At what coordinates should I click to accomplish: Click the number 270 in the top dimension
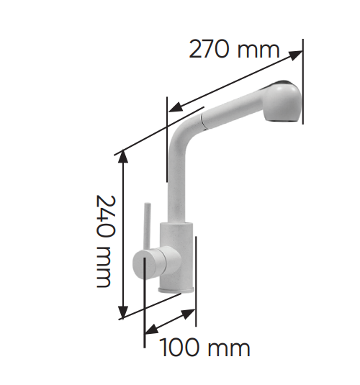209,49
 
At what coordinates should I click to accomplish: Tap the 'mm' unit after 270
258,51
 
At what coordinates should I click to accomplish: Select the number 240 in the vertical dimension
106,217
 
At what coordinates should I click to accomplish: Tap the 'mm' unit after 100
229,349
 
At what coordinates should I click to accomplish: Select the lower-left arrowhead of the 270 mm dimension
176,107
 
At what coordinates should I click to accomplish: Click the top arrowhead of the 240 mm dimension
123,156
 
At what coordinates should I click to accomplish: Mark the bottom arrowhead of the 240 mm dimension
123,312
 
